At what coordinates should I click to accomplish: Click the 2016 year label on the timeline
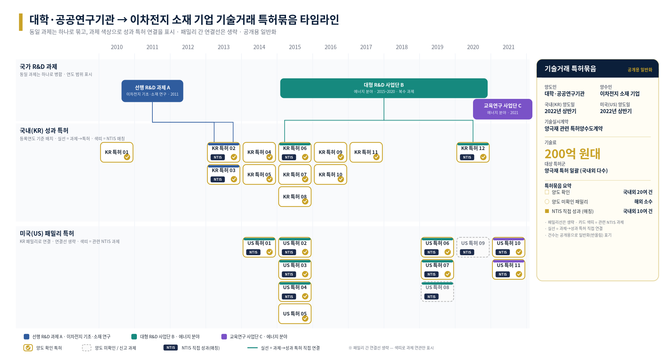pyautogui.click(x=330, y=47)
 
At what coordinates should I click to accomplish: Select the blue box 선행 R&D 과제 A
pyautogui.click(x=152, y=91)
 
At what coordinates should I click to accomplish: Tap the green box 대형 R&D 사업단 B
pyautogui.click(x=384, y=88)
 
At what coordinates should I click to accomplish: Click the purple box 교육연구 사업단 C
pyautogui.click(x=502, y=109)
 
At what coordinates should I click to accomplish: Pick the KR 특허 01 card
pyautogui.click(x=117, y=152)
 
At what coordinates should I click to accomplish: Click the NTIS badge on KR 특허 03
pyautogui.click(x=218, y=179)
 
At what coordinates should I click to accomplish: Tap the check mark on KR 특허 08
pyautogui.click(x=305, y=201)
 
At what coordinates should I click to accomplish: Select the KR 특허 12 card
pyautogui.click(x=473, y=152)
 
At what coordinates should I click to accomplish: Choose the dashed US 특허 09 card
pyautogui.click(x=473, y=247)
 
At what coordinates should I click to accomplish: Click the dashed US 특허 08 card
pyautogui.click(x=437, y=291)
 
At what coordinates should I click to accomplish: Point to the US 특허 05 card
pyautogui.click(x=295, y=314)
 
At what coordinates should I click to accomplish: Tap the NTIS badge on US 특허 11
pyautogui.click(x=503, y=274)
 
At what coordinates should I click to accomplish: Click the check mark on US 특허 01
pyautogui.click(x=269, y=252)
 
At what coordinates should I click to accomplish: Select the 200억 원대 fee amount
pyautogui.click(x=572, y=154)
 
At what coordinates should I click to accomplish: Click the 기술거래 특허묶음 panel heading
pyautogui.click(x=570, y=69)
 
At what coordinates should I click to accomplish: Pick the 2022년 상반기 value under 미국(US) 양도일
pyautogui.click(x=616, y=111)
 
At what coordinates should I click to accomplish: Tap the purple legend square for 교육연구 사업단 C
pyautogui.click(x=224, y=337)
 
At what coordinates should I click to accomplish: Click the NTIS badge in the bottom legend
pyautogui.click(x=171, y=347)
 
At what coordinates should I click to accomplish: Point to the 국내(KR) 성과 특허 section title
pyautogui.click(x=44, y=131)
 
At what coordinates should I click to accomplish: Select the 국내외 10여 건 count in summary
pyautogui.click(x=637, y=211)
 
